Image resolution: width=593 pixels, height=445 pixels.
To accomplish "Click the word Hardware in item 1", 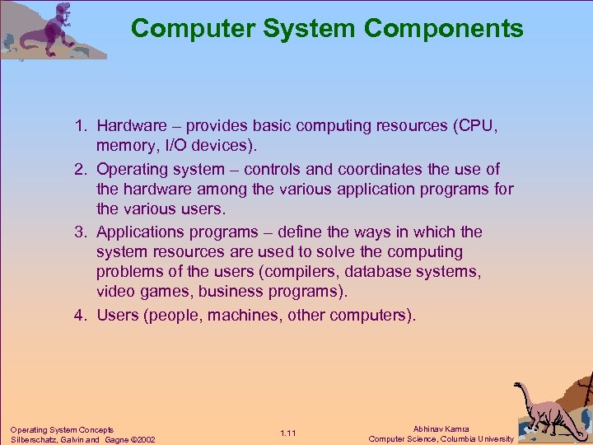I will click(x=133, y=126).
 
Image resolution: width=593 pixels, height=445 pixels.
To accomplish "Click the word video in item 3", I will click(x=114, y=292).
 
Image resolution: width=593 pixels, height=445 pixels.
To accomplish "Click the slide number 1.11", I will click(x=288, y=433).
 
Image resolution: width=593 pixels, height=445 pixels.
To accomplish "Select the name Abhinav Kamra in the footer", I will click(x=441, y=429).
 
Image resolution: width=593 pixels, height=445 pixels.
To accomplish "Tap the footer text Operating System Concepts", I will click(x=62, y=429).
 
